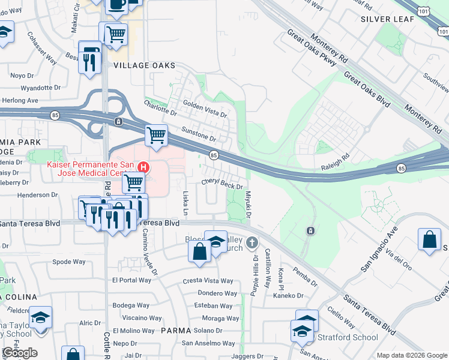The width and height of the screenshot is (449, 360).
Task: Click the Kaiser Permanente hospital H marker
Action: [143, 167]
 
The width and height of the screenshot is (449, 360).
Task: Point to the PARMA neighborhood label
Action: [175, 331]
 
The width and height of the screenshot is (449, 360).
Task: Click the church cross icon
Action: [253, 243]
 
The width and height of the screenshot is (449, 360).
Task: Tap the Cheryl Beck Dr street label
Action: [221, 183]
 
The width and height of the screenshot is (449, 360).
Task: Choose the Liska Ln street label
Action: [185, 203]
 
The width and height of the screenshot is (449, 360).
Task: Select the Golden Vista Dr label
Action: [205, 108]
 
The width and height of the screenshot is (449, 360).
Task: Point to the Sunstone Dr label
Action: [197, 133]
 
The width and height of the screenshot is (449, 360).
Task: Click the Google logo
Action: [20, 353]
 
